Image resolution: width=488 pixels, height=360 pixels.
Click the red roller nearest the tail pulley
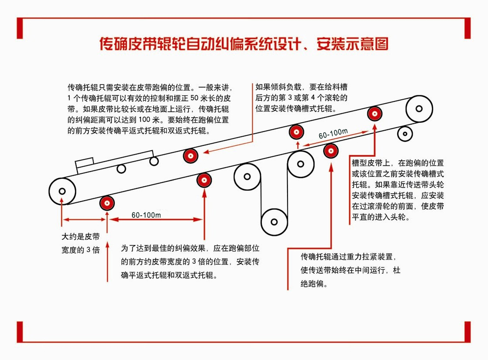pos(107,203)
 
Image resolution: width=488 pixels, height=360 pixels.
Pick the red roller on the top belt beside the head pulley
pos(375,114)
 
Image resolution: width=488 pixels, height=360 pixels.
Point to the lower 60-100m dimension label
pos(146,215)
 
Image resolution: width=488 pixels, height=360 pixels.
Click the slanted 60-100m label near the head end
pos(333,134)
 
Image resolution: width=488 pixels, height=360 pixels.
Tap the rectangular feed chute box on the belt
pos(84,162)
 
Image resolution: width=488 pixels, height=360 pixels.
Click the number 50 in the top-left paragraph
pos(194,98)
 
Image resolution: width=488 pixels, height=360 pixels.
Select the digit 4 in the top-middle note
pos(313,98)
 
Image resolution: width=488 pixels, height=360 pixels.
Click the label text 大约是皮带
pos(80,237)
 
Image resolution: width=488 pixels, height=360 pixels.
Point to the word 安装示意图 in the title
pos(353,44)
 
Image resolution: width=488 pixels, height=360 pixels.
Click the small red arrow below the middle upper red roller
pos(298,145)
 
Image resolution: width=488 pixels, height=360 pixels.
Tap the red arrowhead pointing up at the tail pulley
pos(62,200)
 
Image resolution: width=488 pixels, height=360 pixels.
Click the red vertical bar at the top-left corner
pos(20,28)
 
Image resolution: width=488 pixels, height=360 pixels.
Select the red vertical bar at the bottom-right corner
pos(468,332)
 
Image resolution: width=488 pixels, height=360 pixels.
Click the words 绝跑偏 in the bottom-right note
pos(312,283)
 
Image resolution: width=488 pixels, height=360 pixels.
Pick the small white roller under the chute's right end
pos(154,161)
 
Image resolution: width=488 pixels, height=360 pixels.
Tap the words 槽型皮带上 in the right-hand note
pos(371,163)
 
